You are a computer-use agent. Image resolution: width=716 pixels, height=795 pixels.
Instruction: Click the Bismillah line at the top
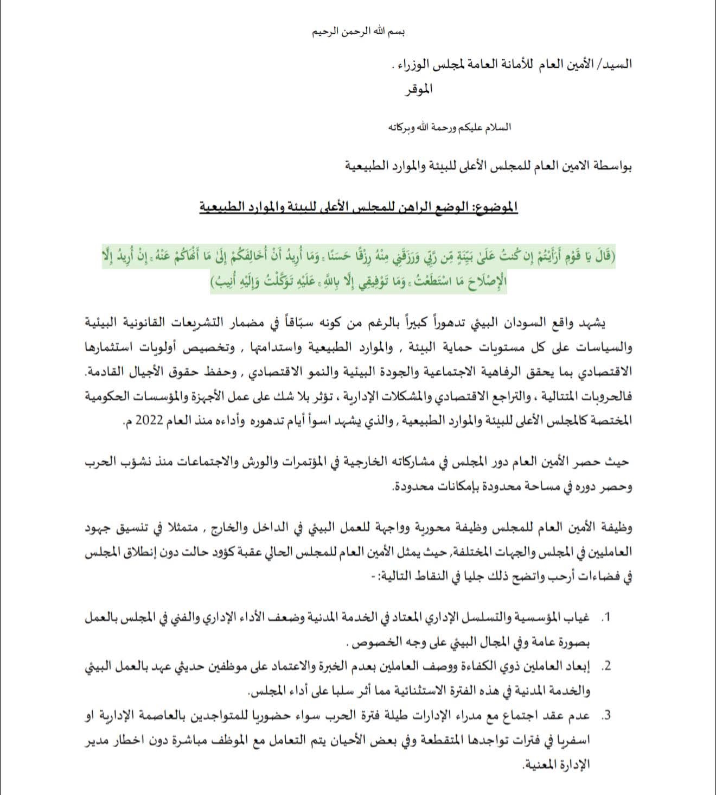(359, 31)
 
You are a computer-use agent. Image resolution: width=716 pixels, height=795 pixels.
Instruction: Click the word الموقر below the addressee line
(418, 90)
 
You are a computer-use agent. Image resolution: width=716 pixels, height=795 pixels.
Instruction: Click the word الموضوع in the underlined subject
(493, 207)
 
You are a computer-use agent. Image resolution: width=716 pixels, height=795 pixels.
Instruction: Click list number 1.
(606, 618)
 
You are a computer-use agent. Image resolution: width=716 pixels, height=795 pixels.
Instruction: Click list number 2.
(606, 666)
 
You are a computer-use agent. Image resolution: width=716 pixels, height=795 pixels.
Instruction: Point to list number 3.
(606, 715)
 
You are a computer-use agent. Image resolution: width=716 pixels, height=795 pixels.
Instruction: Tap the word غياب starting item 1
(579, 618)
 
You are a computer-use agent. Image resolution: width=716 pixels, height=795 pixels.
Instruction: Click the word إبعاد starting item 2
(579, 666)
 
